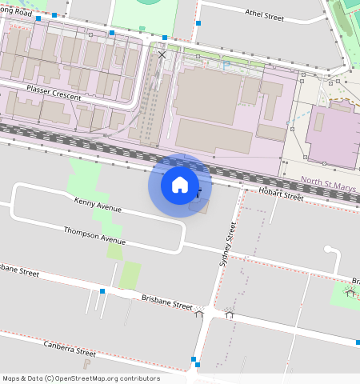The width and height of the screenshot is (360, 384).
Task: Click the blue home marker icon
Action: pos(180,185)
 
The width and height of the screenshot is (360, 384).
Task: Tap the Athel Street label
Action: pos(264,15)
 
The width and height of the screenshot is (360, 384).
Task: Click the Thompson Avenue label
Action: pos(95,235)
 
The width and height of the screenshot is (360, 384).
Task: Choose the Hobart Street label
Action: pos(282,194)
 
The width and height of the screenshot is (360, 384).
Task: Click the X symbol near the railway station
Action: pos(162,55)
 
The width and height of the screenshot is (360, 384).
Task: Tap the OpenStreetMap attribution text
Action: pos(80,378)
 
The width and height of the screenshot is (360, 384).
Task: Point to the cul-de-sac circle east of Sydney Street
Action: pos(329,250)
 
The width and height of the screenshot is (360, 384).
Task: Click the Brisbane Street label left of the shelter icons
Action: pos(166,302)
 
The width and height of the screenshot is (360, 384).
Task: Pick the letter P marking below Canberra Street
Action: pos(86,364)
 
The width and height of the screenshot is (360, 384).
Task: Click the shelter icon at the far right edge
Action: pos(350,292)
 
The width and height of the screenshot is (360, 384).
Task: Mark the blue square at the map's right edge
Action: pos(358,342)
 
